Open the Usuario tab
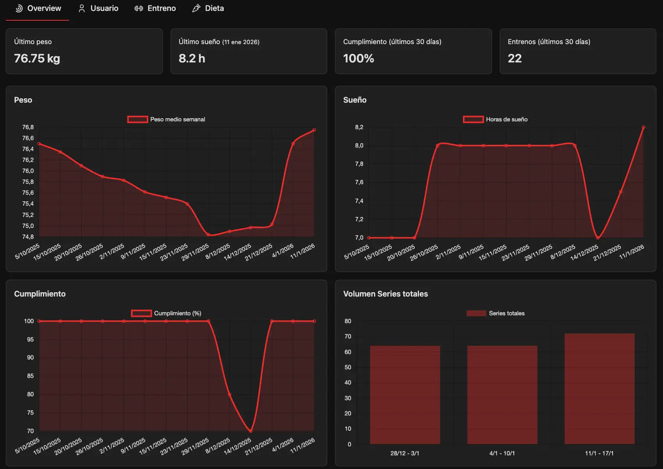pyautogui.click(x=98, y=8)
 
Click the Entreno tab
pyautogui.click(x=155, y=8)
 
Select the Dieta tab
pyautogui.click(x=208, y=8)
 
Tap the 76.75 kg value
pyautogui.click(x=37, y=59)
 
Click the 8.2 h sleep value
pyautogui.click(x=192, y=59)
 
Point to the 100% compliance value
pyautogui.click(x=358, y=59)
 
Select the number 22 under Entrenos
pyautogui.click(x=515, y=59)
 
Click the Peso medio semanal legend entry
pyautogui.click(x=166, y=119)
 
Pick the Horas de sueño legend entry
pyautogui.click(x=495, y=119)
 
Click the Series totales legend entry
pyautogui.click(x=496, y=313)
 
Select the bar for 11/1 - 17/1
pyautogui.click(x=599, y=388)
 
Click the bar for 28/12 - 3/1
pyautogui.click(x=405, y=394)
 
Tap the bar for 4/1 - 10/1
pyautogui.click(x=502, y=394)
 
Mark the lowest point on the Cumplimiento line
pyautogui.click(x=250, y=431)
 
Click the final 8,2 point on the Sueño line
pyautogui.click(x=643, y=127)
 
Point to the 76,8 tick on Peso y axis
pyautogui.click(x=28, y=127)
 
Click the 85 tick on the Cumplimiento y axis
pyautogui.click(x=30, y=376)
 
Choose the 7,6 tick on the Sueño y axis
pyautogui.click(x=359, y=182)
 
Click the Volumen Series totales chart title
pyautogui.click(x=385, y=294)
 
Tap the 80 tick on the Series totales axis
pyautogui.click(x=348, y=321)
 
